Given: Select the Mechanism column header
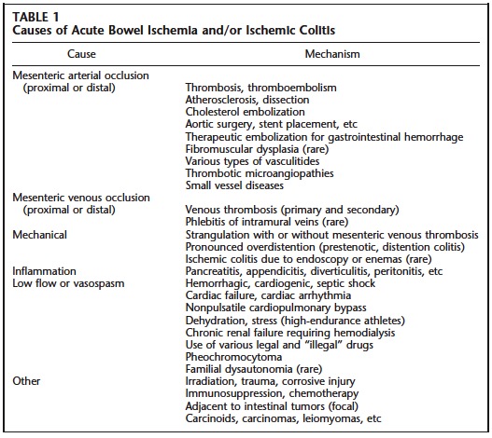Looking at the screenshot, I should click(331, 54).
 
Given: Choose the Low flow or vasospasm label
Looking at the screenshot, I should click(64, 283).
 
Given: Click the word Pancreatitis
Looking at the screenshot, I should click(218, 271).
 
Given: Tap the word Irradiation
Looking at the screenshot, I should click(216, 380).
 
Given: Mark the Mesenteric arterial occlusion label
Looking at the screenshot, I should click(80, 75).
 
